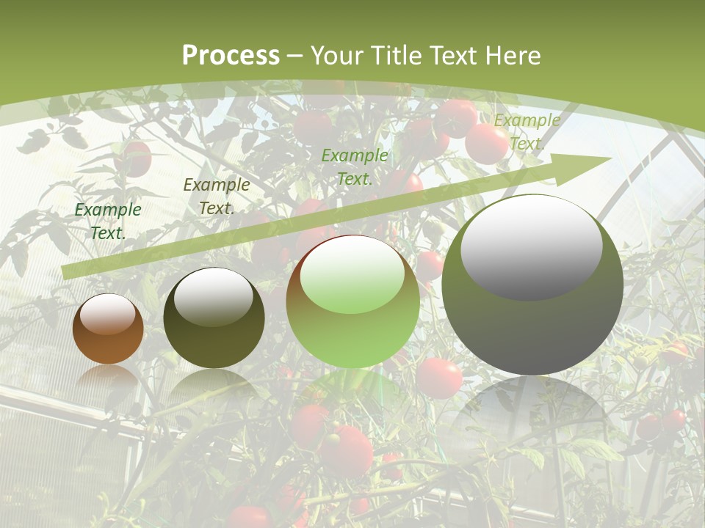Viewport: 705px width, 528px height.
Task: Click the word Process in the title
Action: tap(231, 56)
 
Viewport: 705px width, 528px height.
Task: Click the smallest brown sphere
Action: tap(108, 341)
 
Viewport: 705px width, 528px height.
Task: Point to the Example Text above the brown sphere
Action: tap(108, 221)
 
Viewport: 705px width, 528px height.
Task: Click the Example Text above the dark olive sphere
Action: tap(216, 197)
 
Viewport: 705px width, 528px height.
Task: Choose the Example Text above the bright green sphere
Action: tap(355, 166)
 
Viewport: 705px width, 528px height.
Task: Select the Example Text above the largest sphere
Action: tap(527, 132)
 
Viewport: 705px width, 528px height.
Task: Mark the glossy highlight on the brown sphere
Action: tap(108, 314)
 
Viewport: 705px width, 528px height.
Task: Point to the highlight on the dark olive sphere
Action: tap(214, 296)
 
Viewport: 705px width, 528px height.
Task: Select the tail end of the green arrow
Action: tap(66, 272)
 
